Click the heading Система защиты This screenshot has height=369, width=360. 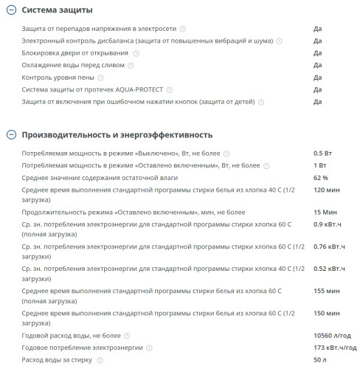(x=58, y=10)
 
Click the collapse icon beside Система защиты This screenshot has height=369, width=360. (x=10, y=10)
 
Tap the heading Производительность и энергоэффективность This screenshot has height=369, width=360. (x=117, y=135)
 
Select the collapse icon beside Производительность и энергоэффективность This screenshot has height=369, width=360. (x=10, y=135)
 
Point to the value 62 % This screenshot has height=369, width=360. (x=321, y=178)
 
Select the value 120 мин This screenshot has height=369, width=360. (x=326, y=190)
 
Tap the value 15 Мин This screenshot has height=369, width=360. (x=325, y=211)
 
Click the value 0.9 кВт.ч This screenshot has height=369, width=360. (x=328, y=224)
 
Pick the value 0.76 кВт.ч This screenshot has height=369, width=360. (x=330, y=246)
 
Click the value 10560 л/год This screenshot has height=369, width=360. (x=332, y=335)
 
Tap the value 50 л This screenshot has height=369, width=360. (x=319, y=359)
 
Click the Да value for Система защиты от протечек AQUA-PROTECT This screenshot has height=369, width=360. (x=317, y=89)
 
